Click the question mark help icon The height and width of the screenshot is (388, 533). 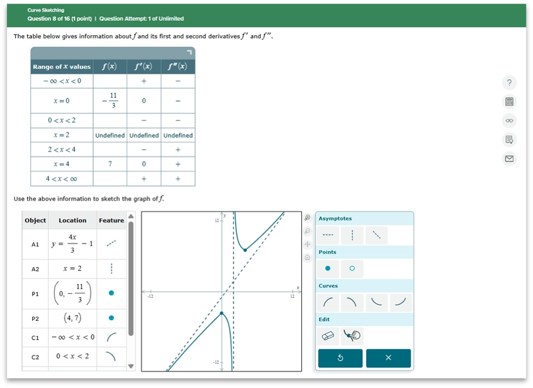click(x=509, y=82)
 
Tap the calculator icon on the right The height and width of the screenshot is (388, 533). click(x=509, y=102)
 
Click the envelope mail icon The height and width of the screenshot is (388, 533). click(x=509, y=159)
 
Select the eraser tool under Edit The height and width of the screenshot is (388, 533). click(x=328, y=336)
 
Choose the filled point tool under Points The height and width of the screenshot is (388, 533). click(x=328, y=268)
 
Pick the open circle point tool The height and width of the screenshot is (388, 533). click(x=352, y=268)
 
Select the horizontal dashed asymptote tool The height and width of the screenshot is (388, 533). click(x=328, y=235)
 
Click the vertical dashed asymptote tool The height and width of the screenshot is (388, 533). click(x=352, y=235)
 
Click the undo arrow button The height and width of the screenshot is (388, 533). click(x=340, y=358)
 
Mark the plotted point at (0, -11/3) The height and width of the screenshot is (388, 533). click(x=222, y=313)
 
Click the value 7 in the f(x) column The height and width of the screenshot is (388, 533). click(x=110, y=164)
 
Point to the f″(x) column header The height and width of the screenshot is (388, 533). click(x=177, y=67)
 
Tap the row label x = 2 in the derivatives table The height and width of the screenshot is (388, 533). click(x=61, y=135)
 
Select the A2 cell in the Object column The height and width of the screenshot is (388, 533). click(x=35, y=269)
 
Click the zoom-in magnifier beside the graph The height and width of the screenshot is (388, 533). click(x=308, y=218)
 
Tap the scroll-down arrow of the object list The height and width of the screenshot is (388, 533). click(x=131, y=366)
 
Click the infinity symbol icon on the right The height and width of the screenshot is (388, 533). click(x=509, y=120)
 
